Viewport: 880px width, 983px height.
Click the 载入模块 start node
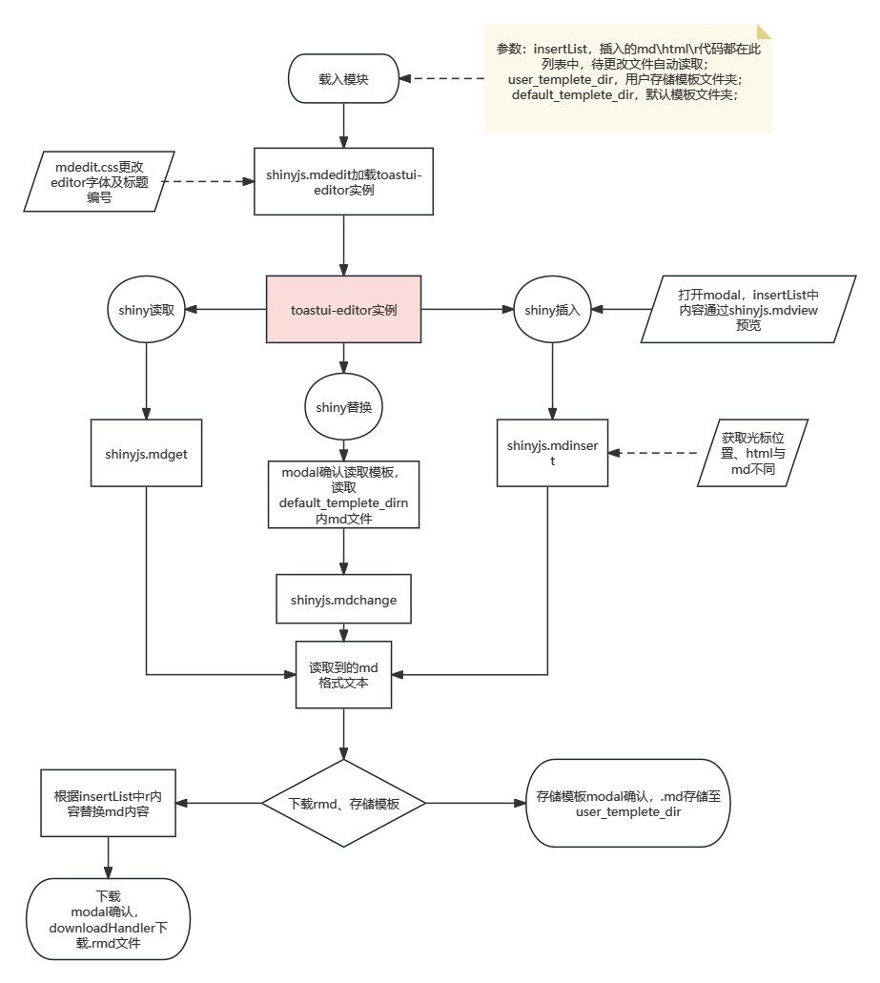[343, 79]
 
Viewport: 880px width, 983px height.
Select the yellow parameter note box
[626, 78]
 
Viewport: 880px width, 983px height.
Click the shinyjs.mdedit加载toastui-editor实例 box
[343, 181]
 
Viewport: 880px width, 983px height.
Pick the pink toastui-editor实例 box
[343, 310]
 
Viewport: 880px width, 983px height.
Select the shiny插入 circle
[553, 310]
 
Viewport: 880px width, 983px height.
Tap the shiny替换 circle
[343, 407]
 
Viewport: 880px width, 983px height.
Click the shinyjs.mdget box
[147, 454]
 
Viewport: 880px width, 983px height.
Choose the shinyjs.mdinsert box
[553, 454]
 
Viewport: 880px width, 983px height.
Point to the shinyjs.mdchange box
[343, 600]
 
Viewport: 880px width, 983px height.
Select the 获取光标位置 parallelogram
[752, 453]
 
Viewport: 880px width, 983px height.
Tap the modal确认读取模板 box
[343, 495]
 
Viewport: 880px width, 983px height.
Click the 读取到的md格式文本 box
[343, 674]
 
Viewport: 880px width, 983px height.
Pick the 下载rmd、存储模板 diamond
[343, 804]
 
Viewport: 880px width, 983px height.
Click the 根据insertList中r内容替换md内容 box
[108, 803]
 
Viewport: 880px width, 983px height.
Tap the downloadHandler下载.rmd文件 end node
[108, 919]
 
